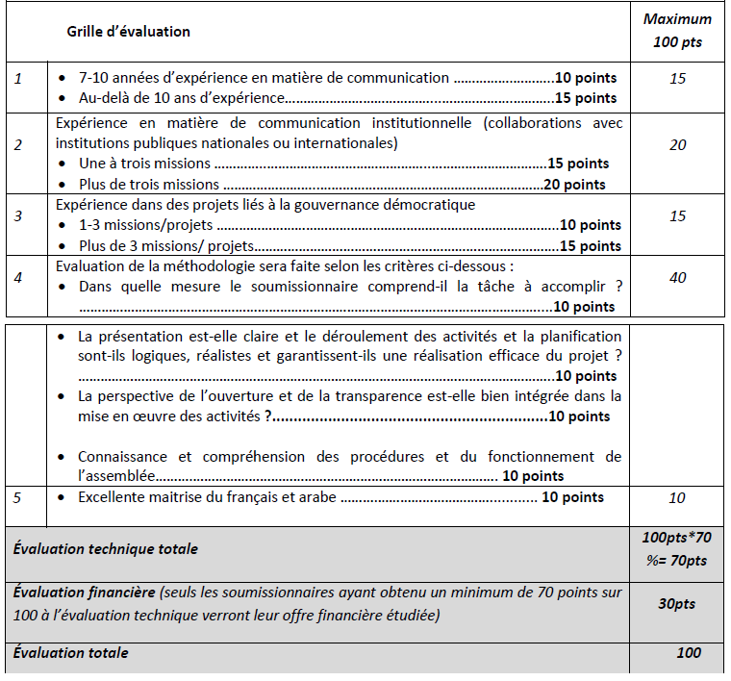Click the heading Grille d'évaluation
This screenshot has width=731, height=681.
[128, 32]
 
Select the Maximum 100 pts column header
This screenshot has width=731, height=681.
[678, 31]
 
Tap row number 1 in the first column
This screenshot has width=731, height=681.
[17, 78]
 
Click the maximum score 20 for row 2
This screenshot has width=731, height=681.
[678, 144]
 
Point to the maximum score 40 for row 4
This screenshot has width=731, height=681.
[678, 278]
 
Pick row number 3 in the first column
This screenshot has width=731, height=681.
[17, 216]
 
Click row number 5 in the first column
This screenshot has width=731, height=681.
[17, 497]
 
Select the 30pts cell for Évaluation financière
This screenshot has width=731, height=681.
[678, 604]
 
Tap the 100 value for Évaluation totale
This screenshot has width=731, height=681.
[688, 653]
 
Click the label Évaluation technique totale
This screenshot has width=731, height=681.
[106, 549]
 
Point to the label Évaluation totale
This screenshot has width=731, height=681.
[70, 653]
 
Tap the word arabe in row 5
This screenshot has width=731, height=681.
[315, 497]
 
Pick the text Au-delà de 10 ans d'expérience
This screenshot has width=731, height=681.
[181, 98]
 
